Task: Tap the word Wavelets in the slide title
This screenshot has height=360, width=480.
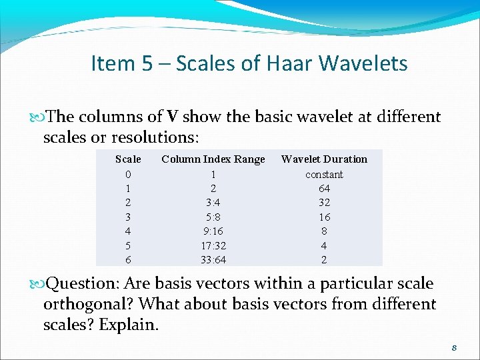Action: click(x=363, y=63)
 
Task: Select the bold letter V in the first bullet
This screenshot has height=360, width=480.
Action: click(x=172, y=117)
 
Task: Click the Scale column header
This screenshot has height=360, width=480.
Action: click(x=128, y=159)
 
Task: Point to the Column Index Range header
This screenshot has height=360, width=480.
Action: click(x=213, y=159)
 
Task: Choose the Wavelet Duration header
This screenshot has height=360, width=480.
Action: click(x=324, y=159)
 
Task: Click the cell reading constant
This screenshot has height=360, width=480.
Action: click(x=324, y=174)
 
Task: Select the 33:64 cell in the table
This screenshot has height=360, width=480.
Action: click(x=213, y=260)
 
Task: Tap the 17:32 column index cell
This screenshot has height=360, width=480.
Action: click(x=213, y=245)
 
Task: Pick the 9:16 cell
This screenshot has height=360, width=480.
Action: click(x=213, y=231)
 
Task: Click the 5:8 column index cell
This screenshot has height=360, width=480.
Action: click(x=213, y=217)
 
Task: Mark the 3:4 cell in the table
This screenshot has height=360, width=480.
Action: click(x=213, y=203)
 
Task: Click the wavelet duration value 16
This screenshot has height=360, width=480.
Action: click(x=324, y=217)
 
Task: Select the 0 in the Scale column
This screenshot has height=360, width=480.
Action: click(x=128, y=174)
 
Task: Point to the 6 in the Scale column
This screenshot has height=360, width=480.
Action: click(x=128, y=260)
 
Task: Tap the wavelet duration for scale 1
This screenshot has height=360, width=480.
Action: click(x=324, y=189)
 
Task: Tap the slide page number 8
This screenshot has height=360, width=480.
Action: click(x=453, y=348)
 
